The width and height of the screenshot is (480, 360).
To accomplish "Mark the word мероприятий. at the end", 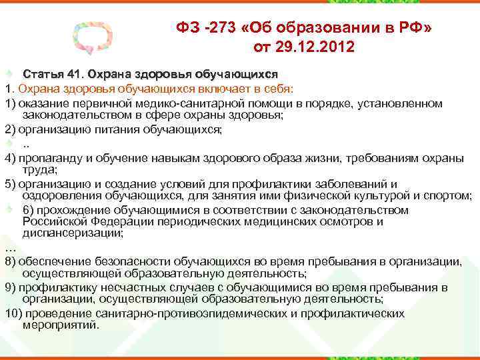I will (x=61, y=325).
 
